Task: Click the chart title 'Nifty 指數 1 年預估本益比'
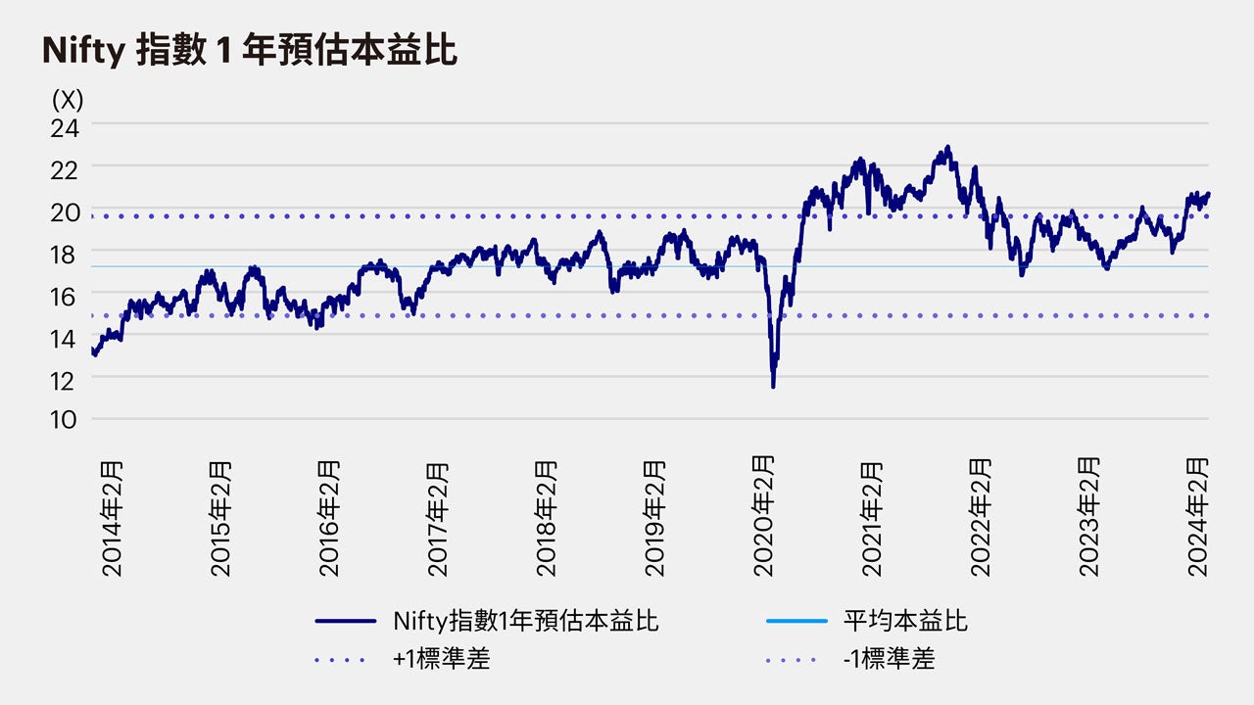tap(250, 51)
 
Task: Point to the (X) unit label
tap(68, 99)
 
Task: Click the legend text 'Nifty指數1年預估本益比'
tap(525, 621)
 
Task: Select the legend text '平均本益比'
tap(905, 621)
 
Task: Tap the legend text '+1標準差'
tap(441, 659)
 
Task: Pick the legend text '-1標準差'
tap(889, 659)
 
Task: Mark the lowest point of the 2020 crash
tap(774, 387)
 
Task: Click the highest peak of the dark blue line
tap(947, 148)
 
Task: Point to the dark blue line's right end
tap(1208, 194)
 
